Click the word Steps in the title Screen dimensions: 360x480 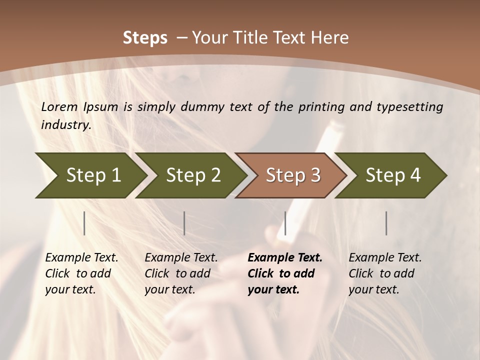pos(145,38)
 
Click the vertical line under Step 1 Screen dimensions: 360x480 pos(84,223)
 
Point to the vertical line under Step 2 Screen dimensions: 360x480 pos(184,223)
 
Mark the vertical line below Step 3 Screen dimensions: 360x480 pos(285,223)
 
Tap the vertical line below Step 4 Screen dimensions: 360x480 pos(386,223)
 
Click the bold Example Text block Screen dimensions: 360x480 pos(285,273)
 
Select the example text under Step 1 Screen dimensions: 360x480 pos(81,273)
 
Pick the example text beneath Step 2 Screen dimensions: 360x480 pos(181,273)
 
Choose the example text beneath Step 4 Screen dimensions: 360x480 pos(385,273)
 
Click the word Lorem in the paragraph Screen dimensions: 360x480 pos(59,106)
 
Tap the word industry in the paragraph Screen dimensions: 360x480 pos(66,124)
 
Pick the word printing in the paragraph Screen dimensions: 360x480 pos(321,107)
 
